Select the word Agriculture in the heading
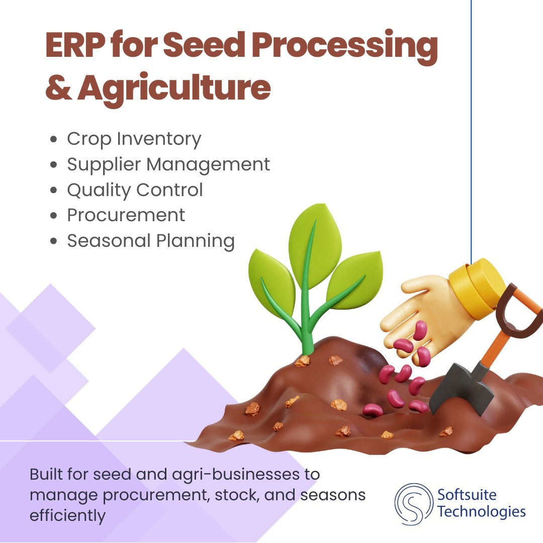pyautogui.click(x=174, y=87)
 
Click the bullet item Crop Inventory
pyautogui.click(x=134, y=139)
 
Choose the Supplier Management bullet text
pyautogui.click(x=168, y=164)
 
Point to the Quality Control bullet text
pyautogui.click(x=135, y=190)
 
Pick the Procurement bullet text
pyautogui.click(x=126, y=215)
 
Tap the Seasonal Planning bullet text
pyautogui.click(x=151, y=241)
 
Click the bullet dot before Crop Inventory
pyautogui.click(x=53, y=140)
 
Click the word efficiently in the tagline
pyautogui.click(x=68, y=516)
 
